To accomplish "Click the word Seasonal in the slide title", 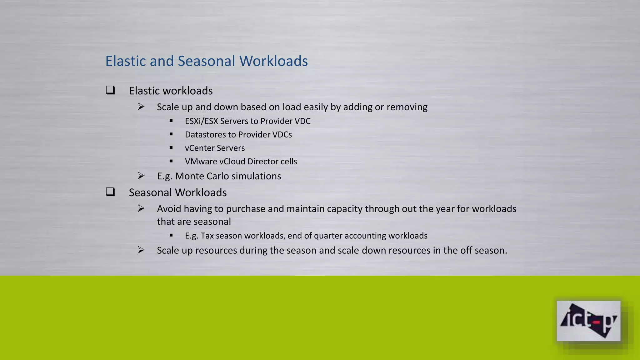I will [206, 61].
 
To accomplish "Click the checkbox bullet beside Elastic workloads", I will [110, 90].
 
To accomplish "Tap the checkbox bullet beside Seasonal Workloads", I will [110, 192].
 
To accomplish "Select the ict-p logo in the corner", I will [588, 321].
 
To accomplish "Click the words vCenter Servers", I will [215, 148].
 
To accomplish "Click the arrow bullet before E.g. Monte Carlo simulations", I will [141, 176].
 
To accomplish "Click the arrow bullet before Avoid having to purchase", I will [141, 208].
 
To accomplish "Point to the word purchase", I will [246, 209].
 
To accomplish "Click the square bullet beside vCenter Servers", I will [171, 147].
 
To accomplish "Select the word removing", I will [407, 107].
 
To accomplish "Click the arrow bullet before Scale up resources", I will [141, 250].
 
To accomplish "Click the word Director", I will [262, 162].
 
